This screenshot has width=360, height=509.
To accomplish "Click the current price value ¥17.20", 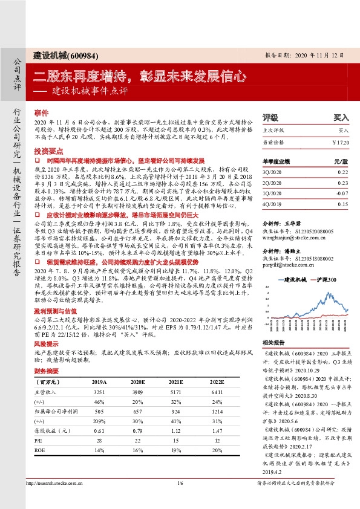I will click(x=341, y=142).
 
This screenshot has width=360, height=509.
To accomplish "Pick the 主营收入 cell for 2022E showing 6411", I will click(x=210, y=392).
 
